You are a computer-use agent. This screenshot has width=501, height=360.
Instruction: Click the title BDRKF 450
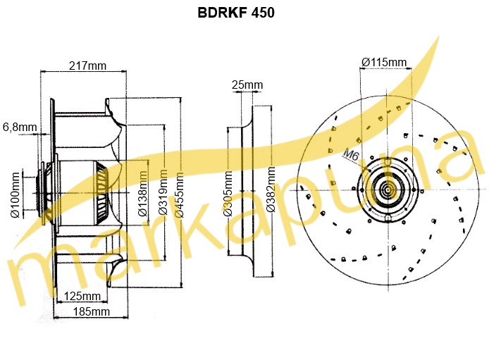[236, 13]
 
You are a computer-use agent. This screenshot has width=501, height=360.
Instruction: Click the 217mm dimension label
[87, 66]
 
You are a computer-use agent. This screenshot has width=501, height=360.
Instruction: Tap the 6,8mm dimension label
[20, 127]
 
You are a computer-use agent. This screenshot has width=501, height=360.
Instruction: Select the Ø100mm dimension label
[15, 195]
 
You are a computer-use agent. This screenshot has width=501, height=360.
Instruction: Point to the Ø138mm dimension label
[142, 194]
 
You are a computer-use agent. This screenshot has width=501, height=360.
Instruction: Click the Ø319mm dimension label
[163, 192]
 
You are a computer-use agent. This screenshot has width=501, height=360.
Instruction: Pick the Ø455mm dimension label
[179, 195]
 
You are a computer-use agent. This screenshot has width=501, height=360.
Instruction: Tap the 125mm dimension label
[82, 296]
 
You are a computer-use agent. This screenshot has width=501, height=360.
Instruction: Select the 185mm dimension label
[92, 311]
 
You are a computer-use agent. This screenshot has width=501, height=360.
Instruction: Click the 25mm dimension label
[247, 85]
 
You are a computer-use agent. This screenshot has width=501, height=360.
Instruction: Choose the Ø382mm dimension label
[271, 190]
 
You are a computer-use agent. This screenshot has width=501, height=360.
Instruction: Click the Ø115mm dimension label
[384, 62]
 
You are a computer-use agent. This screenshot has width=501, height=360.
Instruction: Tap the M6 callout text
[351, 155]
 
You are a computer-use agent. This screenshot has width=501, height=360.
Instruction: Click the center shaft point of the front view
[388, 190]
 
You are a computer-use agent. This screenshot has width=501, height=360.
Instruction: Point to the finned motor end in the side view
[102, 192]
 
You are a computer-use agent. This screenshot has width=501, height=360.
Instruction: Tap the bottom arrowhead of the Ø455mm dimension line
[181, 285]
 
